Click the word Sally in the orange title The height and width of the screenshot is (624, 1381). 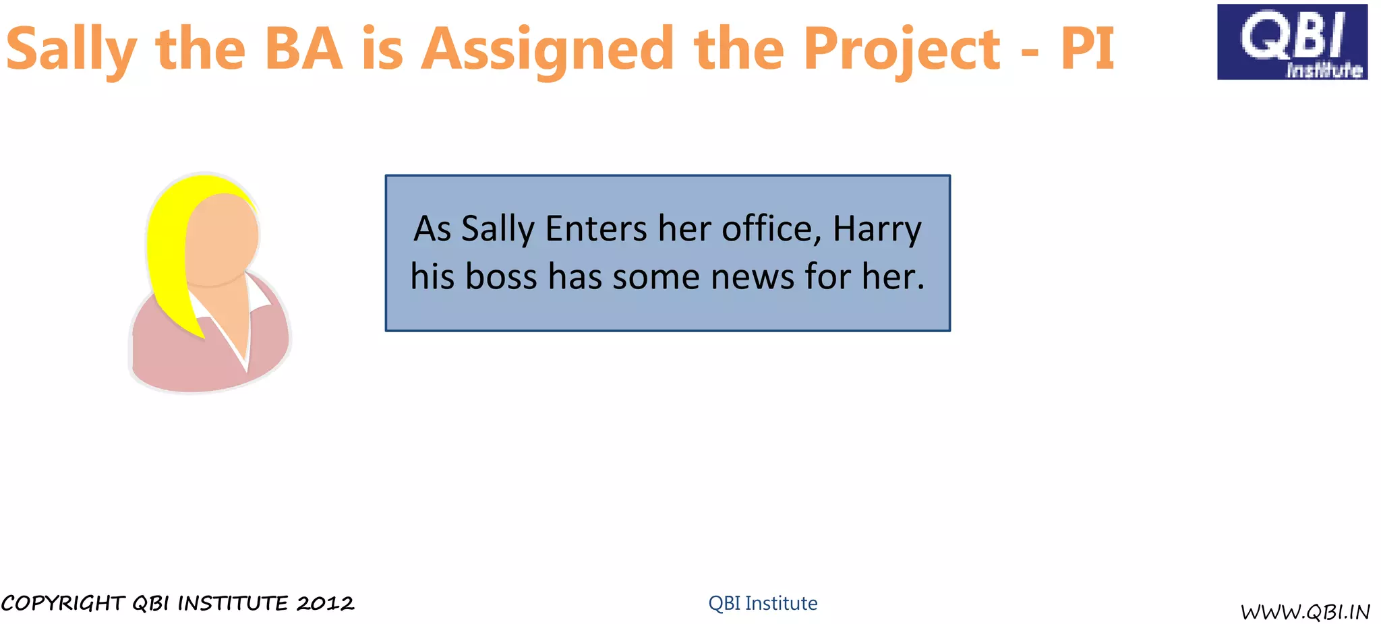click(x=71, y=49)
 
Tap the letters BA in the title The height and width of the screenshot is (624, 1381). click(x=303, y=49)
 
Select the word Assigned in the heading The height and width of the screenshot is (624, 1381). click(x=547, y=50)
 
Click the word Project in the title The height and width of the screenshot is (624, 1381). click(x=902, y=50)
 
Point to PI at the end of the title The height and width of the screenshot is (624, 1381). click(x=1087, y=49)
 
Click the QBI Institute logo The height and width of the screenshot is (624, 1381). click(x=1291, y=42)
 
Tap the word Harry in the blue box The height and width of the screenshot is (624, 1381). click(x=877, y=229)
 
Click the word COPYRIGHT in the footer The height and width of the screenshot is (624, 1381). click(x=63, y=603)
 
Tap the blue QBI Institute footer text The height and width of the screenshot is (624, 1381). click(x=763, y=603)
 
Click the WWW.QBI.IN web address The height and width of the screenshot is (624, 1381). click(x=1305, y=612)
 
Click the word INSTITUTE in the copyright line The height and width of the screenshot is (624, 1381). click(x=233, y=603)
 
